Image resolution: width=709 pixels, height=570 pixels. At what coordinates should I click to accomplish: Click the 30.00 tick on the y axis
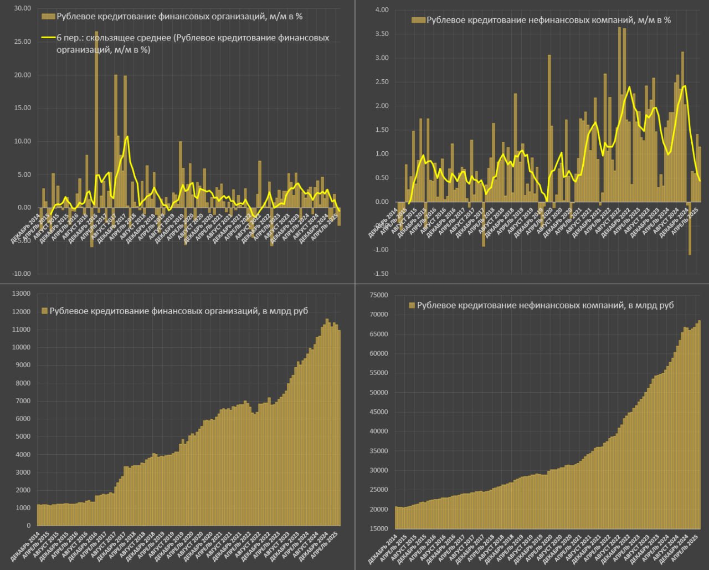click(x=22, y=9)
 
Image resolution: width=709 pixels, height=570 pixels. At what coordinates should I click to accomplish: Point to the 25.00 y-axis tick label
click(x=22, y=42)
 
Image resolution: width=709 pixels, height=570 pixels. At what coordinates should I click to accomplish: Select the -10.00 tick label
click(x=20, y=274)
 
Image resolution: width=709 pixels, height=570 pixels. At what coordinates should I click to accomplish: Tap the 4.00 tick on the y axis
click(x=382, y=10)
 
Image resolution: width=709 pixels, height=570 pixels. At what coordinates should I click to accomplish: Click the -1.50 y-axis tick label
click(x=380, y=274)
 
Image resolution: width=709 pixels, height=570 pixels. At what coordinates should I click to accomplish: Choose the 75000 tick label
click(x=379, y=295)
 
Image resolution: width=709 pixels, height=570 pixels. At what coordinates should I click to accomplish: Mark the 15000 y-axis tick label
click(x=379, y=529)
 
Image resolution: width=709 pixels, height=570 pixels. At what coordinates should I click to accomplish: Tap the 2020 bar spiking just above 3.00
click(x=549, y=128)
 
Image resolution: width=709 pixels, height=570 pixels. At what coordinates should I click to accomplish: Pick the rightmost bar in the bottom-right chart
click(x=700, y=424)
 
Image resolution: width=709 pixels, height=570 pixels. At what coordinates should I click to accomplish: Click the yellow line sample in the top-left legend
click(x=48, y=38)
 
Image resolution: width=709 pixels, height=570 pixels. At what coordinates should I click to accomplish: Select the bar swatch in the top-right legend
click(x=418, y=20)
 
